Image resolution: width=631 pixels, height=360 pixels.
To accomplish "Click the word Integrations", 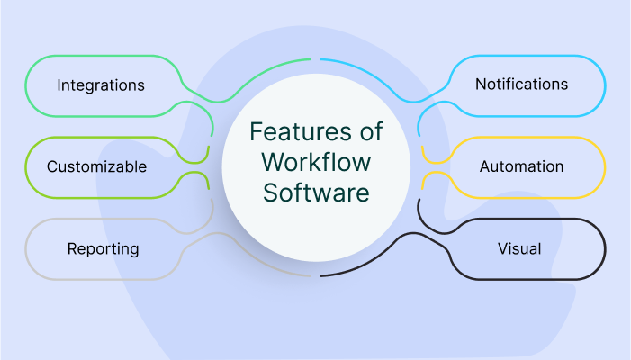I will tap(101, 85).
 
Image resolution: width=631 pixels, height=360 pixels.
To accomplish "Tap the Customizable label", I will tap(96, 166).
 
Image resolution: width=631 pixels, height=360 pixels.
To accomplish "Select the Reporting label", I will tap(103, 247).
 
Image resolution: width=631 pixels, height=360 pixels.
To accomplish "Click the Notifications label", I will tap(521, 84).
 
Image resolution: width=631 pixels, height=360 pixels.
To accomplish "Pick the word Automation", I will tap(521, 166).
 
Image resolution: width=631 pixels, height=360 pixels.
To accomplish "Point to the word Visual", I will tap(519, 247).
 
